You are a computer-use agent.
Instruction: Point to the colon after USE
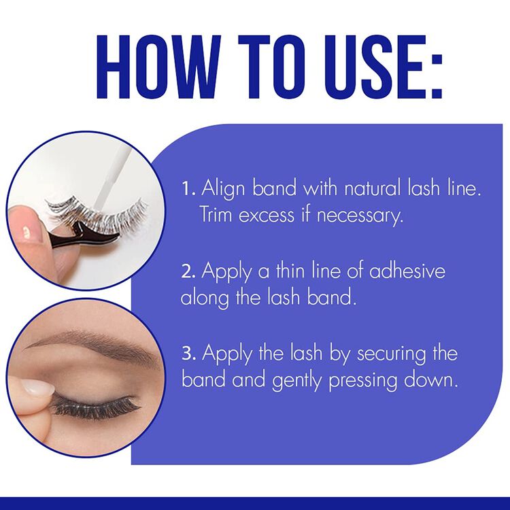[430, 68]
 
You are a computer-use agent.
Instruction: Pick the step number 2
[188, 271]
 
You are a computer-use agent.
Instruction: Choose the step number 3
[188, 354]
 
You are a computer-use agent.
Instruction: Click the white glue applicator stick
[109, 171]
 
